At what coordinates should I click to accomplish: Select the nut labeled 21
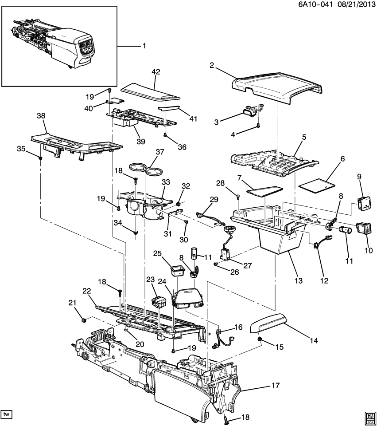(x=83, y=319)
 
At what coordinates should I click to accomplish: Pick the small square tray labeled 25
(x=177, y=269)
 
